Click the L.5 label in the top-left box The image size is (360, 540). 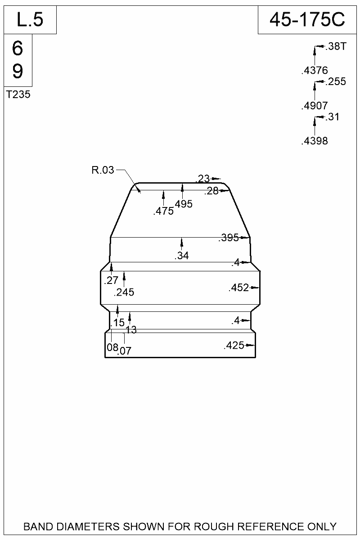30,20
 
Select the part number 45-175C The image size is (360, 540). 307,20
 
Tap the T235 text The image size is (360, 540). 18,94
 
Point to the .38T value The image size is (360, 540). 335,46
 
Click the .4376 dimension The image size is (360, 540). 315,70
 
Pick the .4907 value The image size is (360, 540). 315,106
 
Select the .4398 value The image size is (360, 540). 315,141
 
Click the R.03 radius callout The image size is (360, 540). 103,170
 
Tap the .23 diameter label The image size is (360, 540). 203,179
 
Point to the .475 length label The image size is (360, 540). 163,211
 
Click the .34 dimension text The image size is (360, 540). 181,256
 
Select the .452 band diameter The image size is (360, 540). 239,288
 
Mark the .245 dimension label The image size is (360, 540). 124,292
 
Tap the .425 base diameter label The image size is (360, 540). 234,346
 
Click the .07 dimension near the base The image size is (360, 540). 124,351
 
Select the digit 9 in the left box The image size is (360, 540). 18,71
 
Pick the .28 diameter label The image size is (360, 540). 211,191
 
